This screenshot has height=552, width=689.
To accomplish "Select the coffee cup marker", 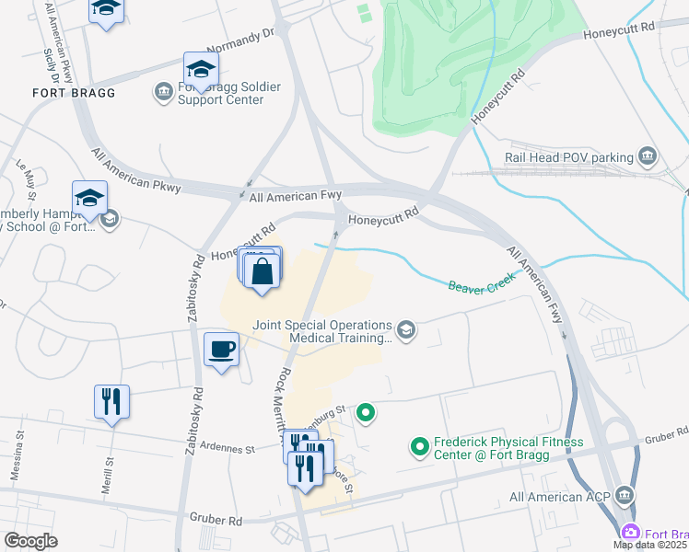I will coord(220,350).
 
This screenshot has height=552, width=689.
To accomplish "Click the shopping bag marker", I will coord(263,272).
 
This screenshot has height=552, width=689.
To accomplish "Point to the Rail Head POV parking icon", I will coord(648,157).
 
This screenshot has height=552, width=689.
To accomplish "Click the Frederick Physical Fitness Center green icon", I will coord(420,448).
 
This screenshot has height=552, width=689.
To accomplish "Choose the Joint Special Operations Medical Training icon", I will coord(405,329).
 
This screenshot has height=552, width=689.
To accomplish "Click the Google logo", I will coord(30,541).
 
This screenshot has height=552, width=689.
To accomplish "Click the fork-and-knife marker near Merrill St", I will coord(111,401).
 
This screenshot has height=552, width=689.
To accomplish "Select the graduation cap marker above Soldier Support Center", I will coord(200,70).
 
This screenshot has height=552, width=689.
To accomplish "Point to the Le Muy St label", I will coord(26,178).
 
